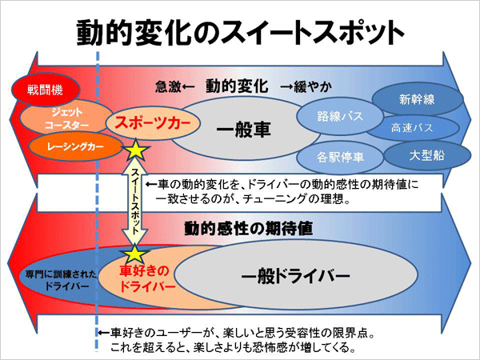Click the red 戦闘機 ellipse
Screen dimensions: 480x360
click(46, 90)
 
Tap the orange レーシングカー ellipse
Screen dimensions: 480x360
click(76, 147)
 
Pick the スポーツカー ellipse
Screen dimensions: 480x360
click(153, 123)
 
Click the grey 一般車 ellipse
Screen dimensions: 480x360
click(245, 130)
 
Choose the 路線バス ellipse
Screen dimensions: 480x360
click(340, 116)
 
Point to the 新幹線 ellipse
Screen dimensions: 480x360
click(418, 99)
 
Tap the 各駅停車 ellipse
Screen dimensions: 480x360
click(340, 158)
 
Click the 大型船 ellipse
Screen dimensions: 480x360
click(427, 155)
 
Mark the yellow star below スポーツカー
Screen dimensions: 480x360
click(135, 150)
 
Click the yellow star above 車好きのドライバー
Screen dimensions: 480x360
click(134, 254)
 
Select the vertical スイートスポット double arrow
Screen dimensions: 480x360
click(135, 201)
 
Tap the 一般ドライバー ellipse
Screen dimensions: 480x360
click(296, 274)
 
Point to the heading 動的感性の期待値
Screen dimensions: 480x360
click(248, 228)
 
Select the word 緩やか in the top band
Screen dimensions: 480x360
click(313, 87)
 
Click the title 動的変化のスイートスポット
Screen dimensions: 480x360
click(241, 33)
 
